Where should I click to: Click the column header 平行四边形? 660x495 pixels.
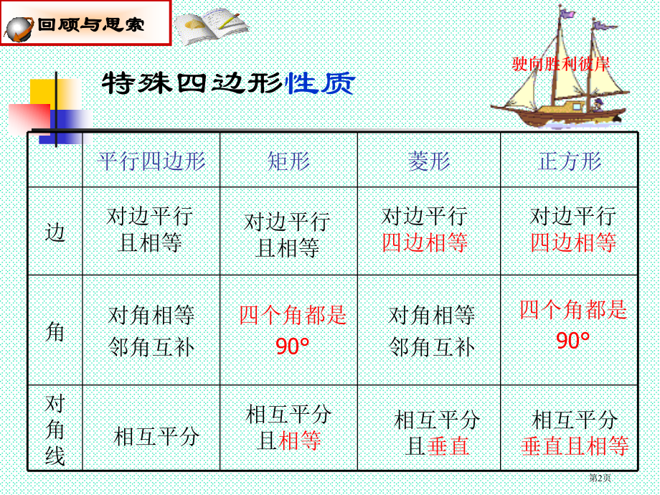click(x=151, y=161)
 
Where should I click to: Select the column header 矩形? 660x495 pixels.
click(x=288, y=161)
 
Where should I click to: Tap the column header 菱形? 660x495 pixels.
click(x=429, y=161)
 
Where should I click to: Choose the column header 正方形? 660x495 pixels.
click(x=570, y=161)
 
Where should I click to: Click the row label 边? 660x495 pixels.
click(x=55, y=232)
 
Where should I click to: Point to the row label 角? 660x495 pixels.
click(x=55, y=331)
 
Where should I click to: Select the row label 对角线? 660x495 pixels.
click(x=55, y=429)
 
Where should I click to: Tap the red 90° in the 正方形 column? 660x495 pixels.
click(x=572, y=341)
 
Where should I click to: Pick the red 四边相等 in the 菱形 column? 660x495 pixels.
click(x=425, y=243)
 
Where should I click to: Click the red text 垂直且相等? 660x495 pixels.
click(x=575, y=446)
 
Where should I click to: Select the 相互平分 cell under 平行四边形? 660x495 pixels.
click(x=156, y=436)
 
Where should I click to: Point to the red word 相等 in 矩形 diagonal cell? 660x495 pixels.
click(x=300, y=440)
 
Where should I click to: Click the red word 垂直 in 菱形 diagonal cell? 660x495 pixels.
click(x=448, y=446)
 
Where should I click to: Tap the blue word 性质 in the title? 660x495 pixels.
click(x=320, y=84)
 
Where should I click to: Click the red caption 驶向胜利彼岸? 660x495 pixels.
click(x=561, y=64)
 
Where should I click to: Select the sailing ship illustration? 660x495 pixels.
click(x=560, y=79)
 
